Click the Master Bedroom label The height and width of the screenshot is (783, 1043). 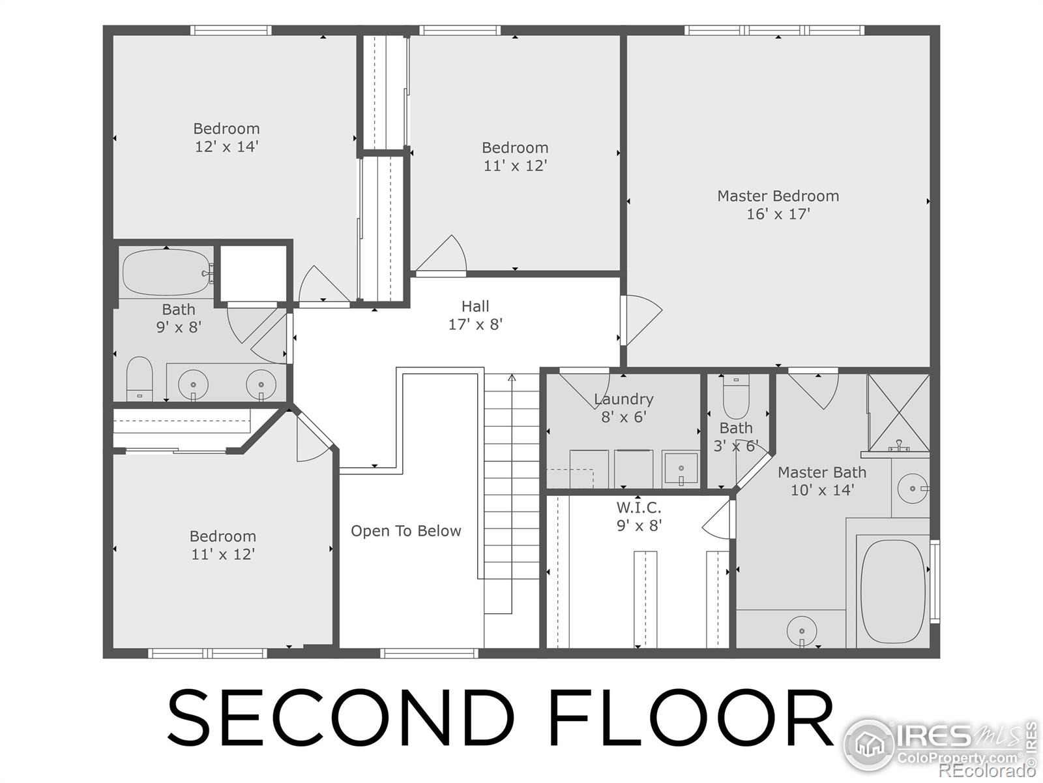click(778, 196)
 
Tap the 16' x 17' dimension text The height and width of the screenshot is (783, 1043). click(778, 214)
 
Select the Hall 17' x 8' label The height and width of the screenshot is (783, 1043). click(475, 315)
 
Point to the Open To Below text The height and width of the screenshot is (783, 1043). click(405, 531)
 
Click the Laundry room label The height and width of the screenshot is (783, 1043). click(623, 399)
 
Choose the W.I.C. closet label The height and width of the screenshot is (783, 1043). click(639, 508)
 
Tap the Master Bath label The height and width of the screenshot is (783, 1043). click(821, 472)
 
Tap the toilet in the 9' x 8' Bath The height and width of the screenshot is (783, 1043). click(139, 378)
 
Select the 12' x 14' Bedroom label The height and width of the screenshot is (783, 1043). click(226, 137)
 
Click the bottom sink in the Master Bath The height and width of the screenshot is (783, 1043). click(802, 631)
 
